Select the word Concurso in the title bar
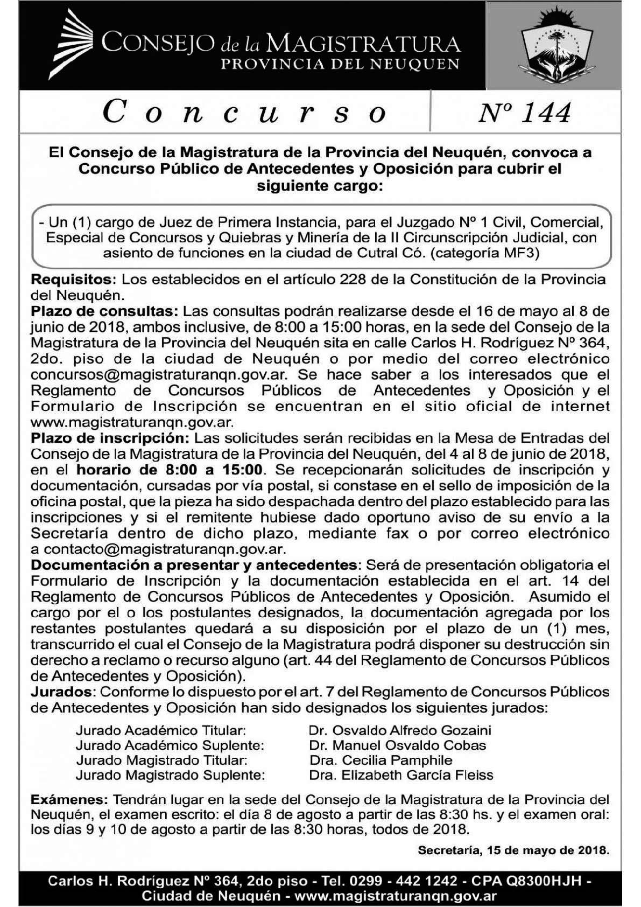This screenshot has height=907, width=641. (x=245, y=113)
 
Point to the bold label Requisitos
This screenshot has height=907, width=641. (x=73, y=280)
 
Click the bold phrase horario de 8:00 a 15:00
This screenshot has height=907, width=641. (x=170, y=470)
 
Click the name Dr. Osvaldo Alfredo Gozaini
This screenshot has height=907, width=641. (x=399, y=730)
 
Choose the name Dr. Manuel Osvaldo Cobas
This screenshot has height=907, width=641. (x=397, y=745)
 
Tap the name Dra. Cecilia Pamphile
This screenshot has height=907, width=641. (x=381, y=761)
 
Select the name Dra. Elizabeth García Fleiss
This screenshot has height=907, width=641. (x=401, y=776)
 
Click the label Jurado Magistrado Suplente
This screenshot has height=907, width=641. (x=171, y=776)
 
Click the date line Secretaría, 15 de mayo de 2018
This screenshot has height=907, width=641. (x=513, y=852)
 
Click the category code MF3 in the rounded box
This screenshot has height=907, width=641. (x=521, y=253)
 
